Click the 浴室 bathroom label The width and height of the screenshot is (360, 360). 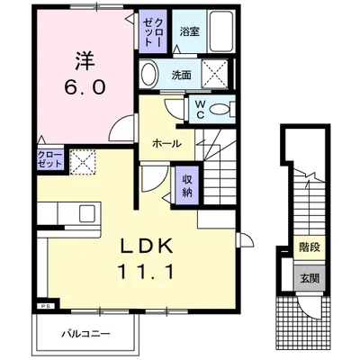(190, 31)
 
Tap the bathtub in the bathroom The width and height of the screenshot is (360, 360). (222, 31)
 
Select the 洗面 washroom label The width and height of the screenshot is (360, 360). (182, 75)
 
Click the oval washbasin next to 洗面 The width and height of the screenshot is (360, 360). (148, 74)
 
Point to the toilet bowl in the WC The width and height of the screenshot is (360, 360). (222, 109)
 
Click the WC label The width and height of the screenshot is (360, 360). (200, 109)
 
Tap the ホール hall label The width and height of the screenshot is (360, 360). (167, 144)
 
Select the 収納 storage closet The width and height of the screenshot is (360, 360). (187, 185)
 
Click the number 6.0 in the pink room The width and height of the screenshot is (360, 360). (85, 87)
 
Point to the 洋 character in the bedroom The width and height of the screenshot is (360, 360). (85, 61)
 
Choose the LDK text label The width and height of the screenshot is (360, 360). (147, 247)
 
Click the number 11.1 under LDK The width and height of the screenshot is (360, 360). (147, 272)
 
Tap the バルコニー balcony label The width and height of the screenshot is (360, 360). (86, 333)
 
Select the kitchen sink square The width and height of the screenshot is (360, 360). (87, 213)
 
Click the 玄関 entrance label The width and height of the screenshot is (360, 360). (310, 278)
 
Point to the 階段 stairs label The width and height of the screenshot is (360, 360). (310, 247)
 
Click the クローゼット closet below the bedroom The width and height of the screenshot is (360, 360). (49, 159)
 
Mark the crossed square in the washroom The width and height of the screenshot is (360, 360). (214, 74)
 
